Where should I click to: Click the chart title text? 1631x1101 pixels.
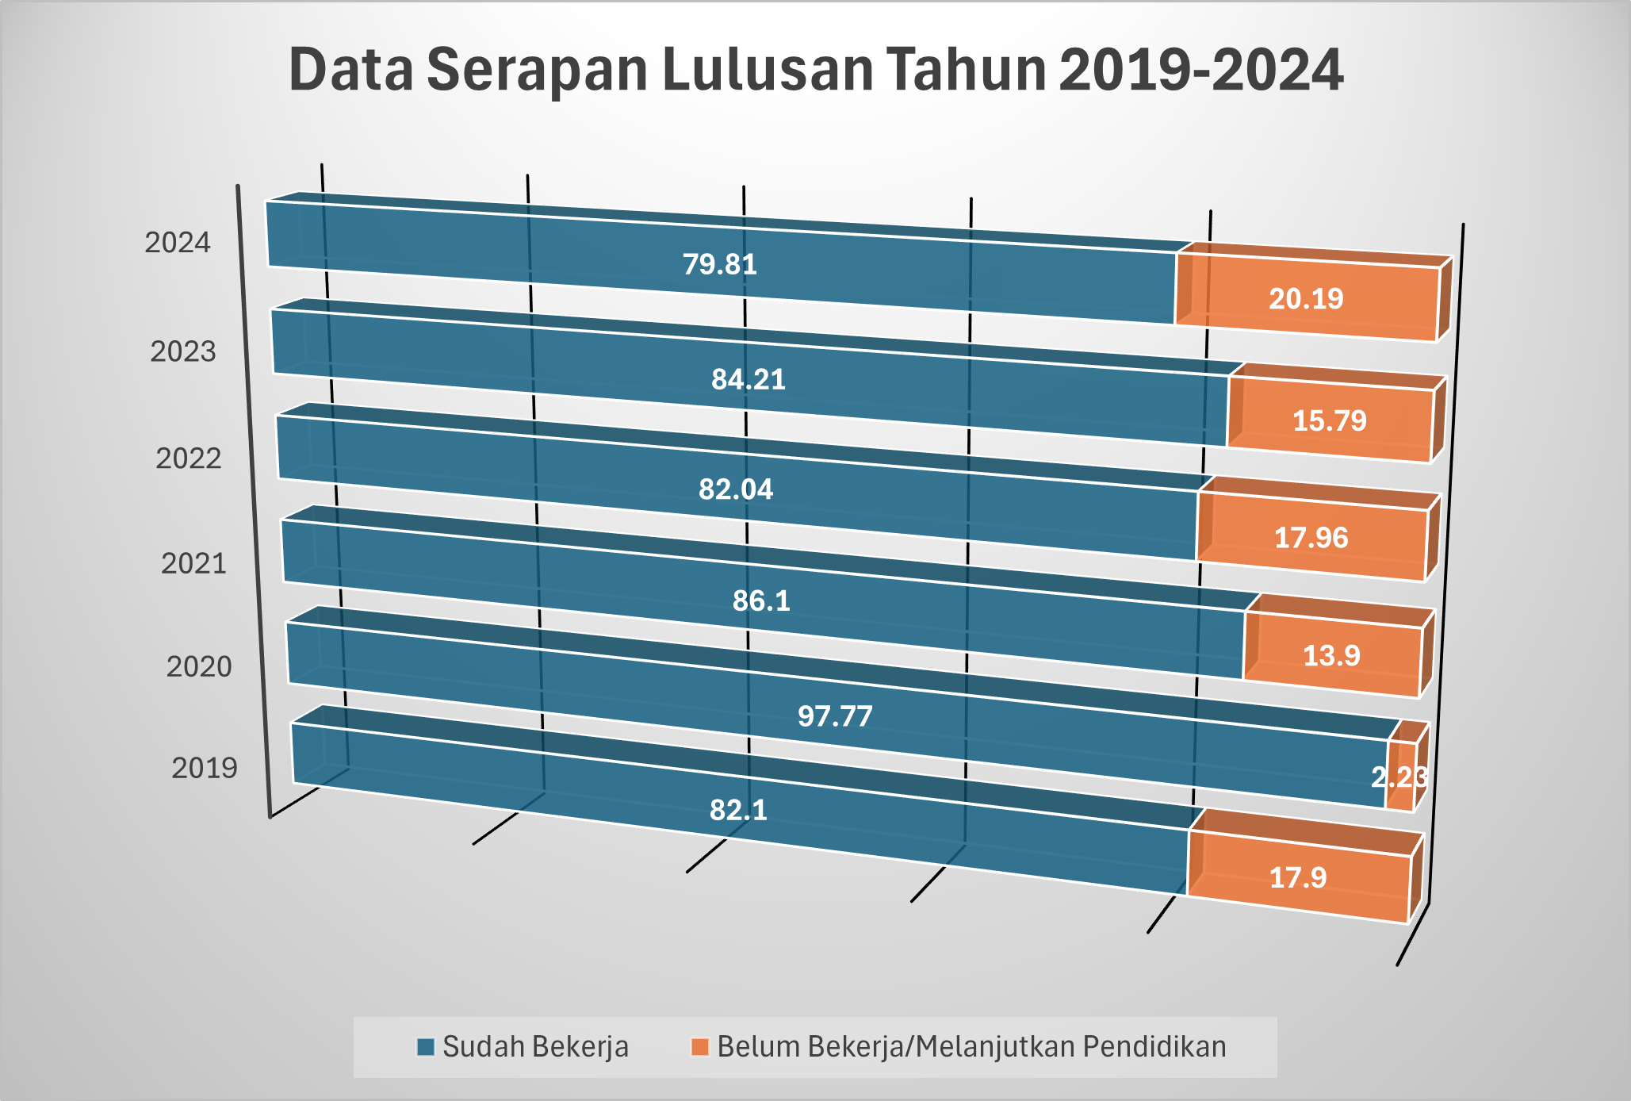point(815,70)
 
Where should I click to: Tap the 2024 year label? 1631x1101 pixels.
point(178,243)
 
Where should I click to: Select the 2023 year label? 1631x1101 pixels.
point(183,351)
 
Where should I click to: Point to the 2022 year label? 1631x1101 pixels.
point(189,458)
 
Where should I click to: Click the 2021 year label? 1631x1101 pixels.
point(194,564)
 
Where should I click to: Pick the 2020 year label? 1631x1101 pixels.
point(199,667)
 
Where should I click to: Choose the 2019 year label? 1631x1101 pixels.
point(205,768)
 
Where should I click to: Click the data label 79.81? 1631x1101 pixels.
point(720,264)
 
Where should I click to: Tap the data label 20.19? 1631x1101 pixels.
point(1306,299)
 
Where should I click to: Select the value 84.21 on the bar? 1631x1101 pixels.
point(748,380)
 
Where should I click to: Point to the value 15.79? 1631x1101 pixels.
point(1330,420)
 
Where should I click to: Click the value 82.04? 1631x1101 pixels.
point(736,489)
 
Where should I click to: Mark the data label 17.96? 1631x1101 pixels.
point(1311,538)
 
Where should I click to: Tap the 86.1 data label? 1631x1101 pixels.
point(761,601)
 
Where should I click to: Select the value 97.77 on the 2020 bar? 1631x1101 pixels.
point(835,716)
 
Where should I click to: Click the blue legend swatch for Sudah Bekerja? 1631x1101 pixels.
point(426,1047)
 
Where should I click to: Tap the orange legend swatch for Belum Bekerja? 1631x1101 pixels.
point(699,1047)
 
